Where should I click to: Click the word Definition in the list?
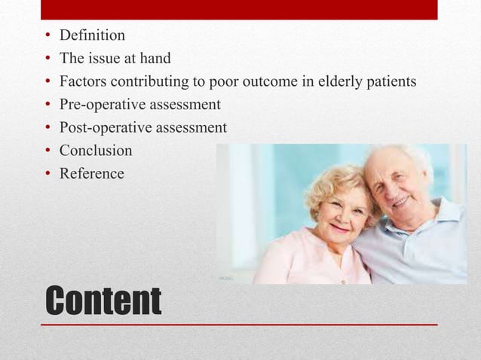92,35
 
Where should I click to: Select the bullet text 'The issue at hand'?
115,58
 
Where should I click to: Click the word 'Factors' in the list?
83,81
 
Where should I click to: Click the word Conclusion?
96,151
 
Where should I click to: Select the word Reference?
92,173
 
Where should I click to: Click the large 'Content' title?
103,301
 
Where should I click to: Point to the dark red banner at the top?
239,10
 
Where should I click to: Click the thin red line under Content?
239,325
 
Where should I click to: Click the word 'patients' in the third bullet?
389,81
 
